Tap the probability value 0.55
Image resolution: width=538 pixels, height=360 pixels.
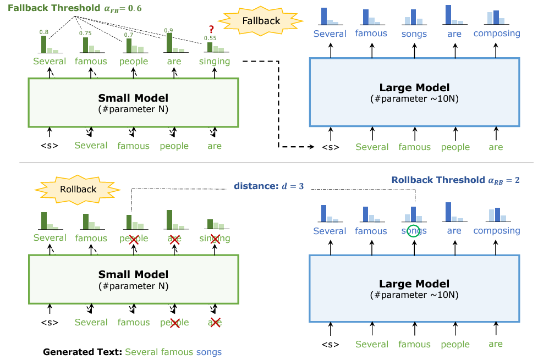pyautogui.click(x=210, y=38)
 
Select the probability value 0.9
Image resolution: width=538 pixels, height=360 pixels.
pyautogui.click(x=168, y=30)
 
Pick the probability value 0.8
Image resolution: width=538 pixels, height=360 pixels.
pyautogui.click(x=43, y=32)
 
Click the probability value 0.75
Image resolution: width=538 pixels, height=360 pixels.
pyautogui.click(x=85, y=34)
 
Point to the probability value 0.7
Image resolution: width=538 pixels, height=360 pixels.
pyautogui.click(x=128, y=35)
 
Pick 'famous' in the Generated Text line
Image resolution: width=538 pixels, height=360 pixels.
pyautogui.click(x=177, y=352)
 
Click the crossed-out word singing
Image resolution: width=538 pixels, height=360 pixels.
pyautogui.click(x=214, y=239)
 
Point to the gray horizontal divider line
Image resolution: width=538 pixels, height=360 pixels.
pyautogui.click(x=275, y=163)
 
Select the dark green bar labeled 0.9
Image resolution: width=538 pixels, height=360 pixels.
pyautogui.click(x=169, y=43)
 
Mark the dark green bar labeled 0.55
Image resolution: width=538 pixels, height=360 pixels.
pyautogui.click(x=210, y=47)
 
